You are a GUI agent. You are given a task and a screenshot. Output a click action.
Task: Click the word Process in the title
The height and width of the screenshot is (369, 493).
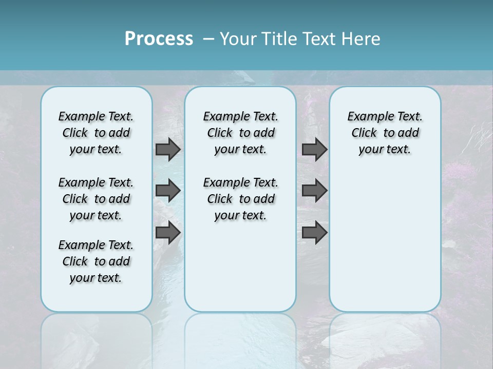click(x=159, y=39)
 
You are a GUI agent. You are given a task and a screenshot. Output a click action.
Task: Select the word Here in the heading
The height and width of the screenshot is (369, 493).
click(x=362, y=39)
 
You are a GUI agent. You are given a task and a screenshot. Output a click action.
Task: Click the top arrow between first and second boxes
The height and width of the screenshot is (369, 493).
click(x=168, y=149)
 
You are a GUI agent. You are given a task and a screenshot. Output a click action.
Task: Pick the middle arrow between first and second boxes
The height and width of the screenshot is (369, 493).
click(x=168, y=191)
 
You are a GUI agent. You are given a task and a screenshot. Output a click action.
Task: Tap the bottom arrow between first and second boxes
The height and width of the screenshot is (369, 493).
click(x=168, y=232)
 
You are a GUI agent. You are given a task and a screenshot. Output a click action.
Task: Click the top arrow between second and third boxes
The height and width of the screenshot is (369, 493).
click(x=314, y=149)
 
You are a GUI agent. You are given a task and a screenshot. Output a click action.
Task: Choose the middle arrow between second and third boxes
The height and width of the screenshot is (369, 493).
click(x=314, y=191)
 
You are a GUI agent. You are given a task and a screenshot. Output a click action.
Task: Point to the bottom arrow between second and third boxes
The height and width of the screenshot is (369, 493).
click(x=314, y=232)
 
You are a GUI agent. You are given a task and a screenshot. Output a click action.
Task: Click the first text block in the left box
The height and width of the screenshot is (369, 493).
click(x=96, y=133)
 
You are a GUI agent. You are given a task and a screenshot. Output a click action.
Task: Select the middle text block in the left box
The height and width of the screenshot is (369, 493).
click(x=96, y=199)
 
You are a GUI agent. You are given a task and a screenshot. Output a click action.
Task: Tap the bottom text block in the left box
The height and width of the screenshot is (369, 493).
click(x=96, y=261)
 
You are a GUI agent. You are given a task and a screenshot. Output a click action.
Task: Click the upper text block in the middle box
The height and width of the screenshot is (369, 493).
click(x=240, y=133)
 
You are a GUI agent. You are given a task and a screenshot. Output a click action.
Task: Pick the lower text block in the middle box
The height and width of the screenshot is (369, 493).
click(x=240, y=199)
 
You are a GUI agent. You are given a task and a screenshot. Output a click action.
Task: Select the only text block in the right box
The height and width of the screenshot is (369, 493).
click(x=385, y=133)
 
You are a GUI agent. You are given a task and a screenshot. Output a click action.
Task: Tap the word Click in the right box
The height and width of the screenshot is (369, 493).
click(x=364, y=133)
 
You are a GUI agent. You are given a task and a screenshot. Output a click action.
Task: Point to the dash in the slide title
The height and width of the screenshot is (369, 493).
click(x=208, y=39)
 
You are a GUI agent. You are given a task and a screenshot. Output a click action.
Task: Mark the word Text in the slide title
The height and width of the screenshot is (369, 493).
click(x=320, y=39)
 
